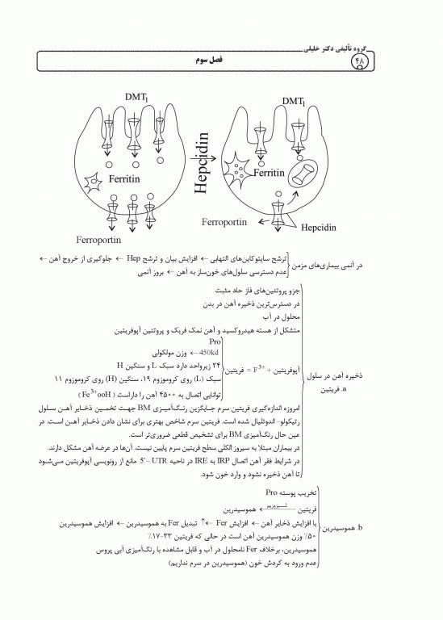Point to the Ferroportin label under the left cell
point(98,240)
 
